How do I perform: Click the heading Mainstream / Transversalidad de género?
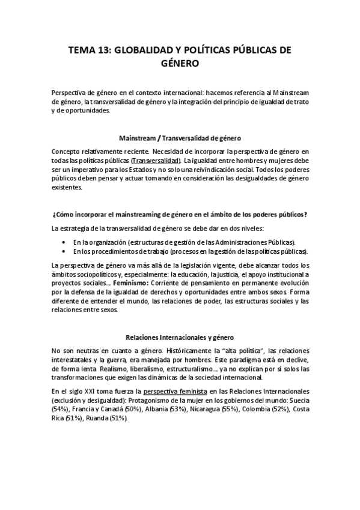[x=180, y=138]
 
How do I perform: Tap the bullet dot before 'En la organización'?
[x=64, y=241]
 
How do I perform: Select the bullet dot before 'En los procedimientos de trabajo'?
[x=64, y=251]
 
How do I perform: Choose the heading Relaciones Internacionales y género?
[x=180, y=337]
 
